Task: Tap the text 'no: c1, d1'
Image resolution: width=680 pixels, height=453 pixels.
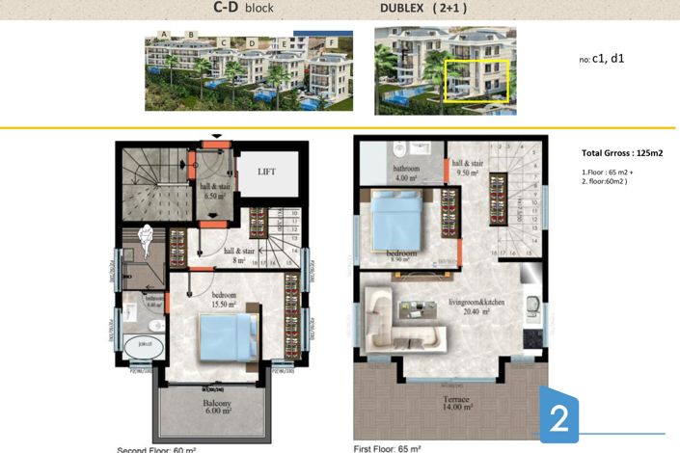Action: tap(602, 59)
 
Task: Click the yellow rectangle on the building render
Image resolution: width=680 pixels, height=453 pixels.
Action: tap(476, 82)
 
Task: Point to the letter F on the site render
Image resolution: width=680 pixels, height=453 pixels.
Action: tap(333, 42)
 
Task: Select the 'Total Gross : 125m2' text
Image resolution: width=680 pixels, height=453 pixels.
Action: tap(620, 153)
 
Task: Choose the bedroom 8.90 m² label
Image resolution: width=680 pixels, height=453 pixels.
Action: tap(402, 255)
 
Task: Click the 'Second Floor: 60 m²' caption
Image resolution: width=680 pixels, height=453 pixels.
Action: tap(156, 449)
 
